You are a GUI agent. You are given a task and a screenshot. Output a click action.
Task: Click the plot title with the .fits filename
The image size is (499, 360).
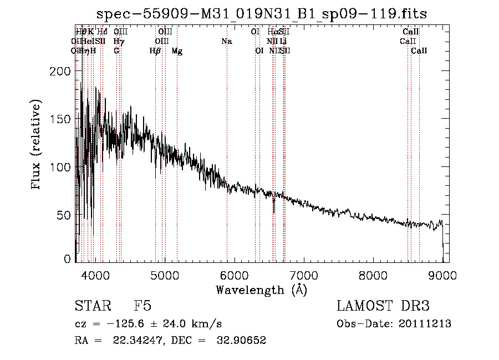[261, 14]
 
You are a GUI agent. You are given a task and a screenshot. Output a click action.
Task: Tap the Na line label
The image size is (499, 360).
[226, 42]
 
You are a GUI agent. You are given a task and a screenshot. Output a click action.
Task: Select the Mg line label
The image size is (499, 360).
[177, 51]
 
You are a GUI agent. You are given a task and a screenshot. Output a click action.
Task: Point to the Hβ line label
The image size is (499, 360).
[155, 51]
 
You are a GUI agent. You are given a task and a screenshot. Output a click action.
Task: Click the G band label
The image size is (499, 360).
[116, 51]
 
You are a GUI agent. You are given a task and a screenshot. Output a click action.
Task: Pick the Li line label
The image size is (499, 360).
[283, 42]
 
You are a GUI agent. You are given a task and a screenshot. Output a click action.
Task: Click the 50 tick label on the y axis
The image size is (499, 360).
[64, 215]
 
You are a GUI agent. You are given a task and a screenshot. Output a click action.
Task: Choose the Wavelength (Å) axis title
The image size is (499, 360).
[261, 290]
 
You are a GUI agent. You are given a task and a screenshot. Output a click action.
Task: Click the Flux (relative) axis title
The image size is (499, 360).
[37, 145]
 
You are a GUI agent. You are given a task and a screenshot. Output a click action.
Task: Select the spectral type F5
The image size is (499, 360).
[142, 307]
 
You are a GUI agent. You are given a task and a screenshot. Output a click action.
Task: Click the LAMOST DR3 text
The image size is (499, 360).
[383, 307]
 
